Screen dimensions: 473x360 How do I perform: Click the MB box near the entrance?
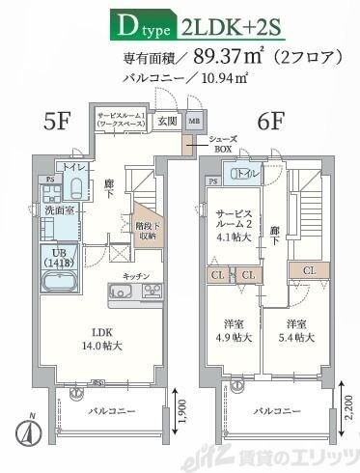point(194,122)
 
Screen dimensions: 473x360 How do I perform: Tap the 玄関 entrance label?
point(167,121)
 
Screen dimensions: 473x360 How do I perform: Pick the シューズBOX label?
point(223,144)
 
